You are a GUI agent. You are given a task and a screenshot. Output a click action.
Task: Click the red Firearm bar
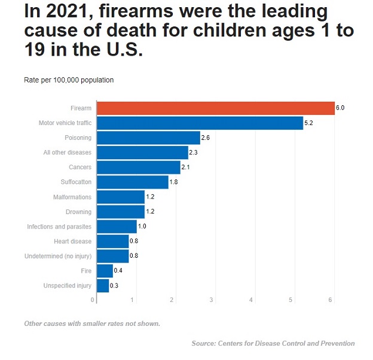215,108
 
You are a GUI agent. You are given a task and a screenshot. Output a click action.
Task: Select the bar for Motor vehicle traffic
200,123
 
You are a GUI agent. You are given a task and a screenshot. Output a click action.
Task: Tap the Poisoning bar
148,138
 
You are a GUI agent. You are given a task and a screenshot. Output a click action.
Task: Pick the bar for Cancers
138,167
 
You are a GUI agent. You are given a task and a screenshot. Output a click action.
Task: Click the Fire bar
105,271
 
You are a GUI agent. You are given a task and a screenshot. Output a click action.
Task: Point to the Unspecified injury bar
103,286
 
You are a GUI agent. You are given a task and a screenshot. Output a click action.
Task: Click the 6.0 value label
341,108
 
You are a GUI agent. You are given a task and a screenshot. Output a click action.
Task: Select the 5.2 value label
309,123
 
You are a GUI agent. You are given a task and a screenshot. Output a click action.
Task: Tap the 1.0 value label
142,227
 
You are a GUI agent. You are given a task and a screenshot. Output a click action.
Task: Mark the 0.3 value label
114,286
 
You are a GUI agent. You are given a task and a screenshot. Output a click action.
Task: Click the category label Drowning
78,212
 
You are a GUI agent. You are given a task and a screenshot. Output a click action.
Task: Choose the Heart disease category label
72,242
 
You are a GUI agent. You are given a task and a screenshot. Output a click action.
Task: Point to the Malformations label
72,197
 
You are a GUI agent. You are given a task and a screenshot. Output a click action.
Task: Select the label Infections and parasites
59,227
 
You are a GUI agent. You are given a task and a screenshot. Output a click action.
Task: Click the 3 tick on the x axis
212,299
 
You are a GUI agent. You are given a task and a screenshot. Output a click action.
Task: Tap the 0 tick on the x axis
93,299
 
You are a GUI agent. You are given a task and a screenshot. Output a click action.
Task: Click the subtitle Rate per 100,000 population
69,80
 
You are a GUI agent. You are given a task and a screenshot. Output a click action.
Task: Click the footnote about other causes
92,324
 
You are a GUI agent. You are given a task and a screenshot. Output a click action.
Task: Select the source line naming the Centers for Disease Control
273,343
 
